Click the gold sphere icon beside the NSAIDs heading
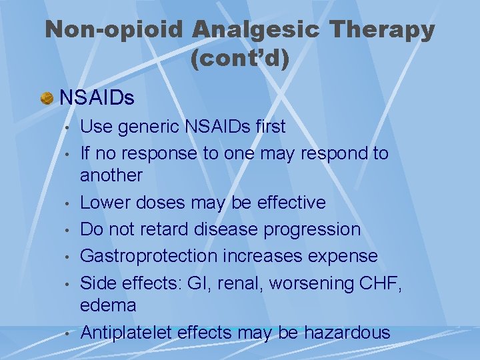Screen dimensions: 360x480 click(x=47, y=99)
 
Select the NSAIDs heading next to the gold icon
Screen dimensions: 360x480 click(x=97, y=99)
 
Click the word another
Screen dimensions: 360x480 click(x=111, y=175)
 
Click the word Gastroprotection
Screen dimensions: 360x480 click(x=149, y=256)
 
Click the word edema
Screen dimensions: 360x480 click(x=108, y=305)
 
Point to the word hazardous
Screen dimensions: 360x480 click(x=347, y=332)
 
